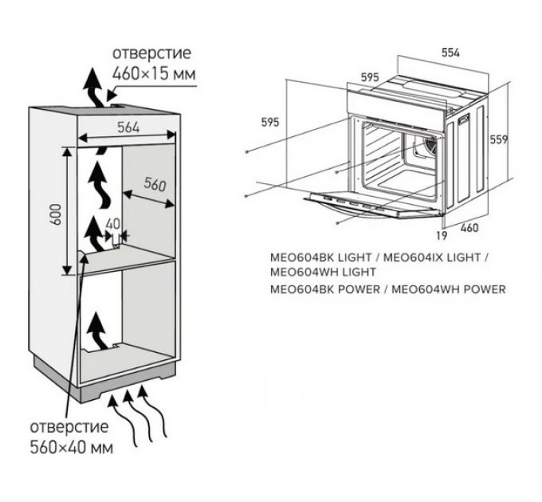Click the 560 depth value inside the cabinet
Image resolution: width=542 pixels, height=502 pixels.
tap(153, 186)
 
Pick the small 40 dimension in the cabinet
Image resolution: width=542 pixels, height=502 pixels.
tap(112, 224)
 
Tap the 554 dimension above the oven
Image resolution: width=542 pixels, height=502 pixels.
tap(450, 52)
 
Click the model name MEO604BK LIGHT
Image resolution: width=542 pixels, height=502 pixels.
tap(317, 258)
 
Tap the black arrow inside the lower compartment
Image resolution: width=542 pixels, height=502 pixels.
tap(96, 330)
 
